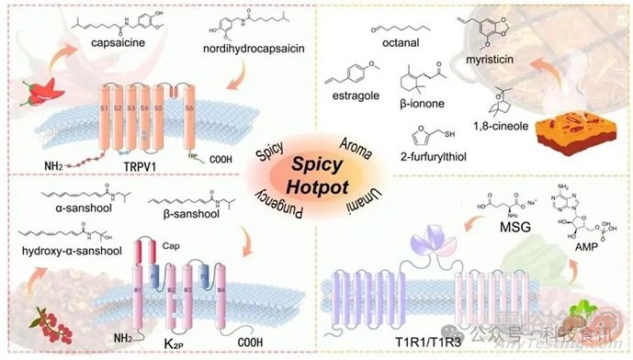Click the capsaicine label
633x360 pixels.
(121, 42)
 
